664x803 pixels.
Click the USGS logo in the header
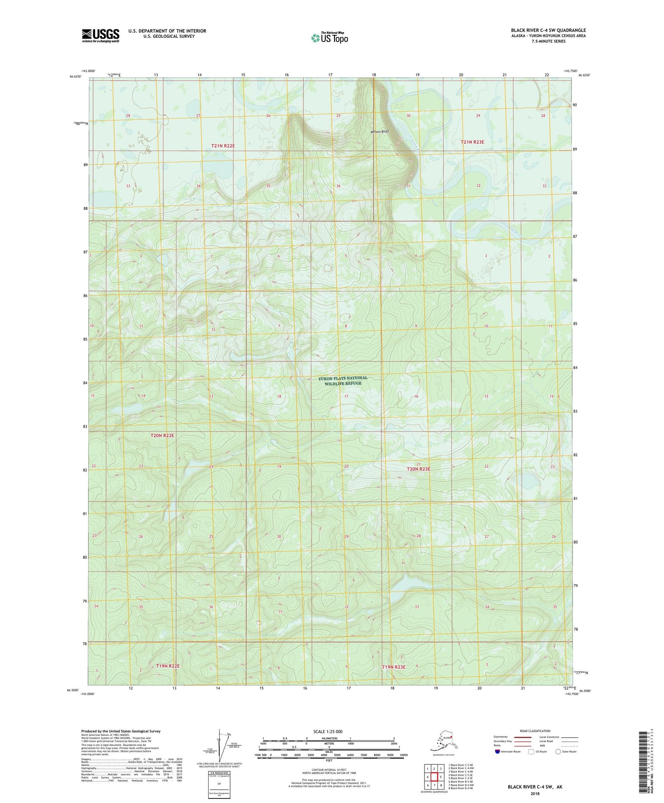pos(101,35)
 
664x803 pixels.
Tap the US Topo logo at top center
pos(329,37)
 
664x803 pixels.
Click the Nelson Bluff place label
pos(380,132)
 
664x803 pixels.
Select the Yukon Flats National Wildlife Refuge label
pos(343,381)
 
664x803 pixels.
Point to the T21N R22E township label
pos(223,146)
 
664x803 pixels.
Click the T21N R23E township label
pos(472,142)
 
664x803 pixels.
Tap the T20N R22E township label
pos(162,435)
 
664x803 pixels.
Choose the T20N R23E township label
pos(419,469)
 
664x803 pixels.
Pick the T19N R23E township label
pos(394,667)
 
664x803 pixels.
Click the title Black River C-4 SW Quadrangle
pos(548,30)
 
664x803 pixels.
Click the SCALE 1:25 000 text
pos(328,732)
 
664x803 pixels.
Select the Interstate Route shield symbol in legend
pos(497,752)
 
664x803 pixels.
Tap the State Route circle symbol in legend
pos(558,751)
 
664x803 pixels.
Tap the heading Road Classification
pos(535,731)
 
